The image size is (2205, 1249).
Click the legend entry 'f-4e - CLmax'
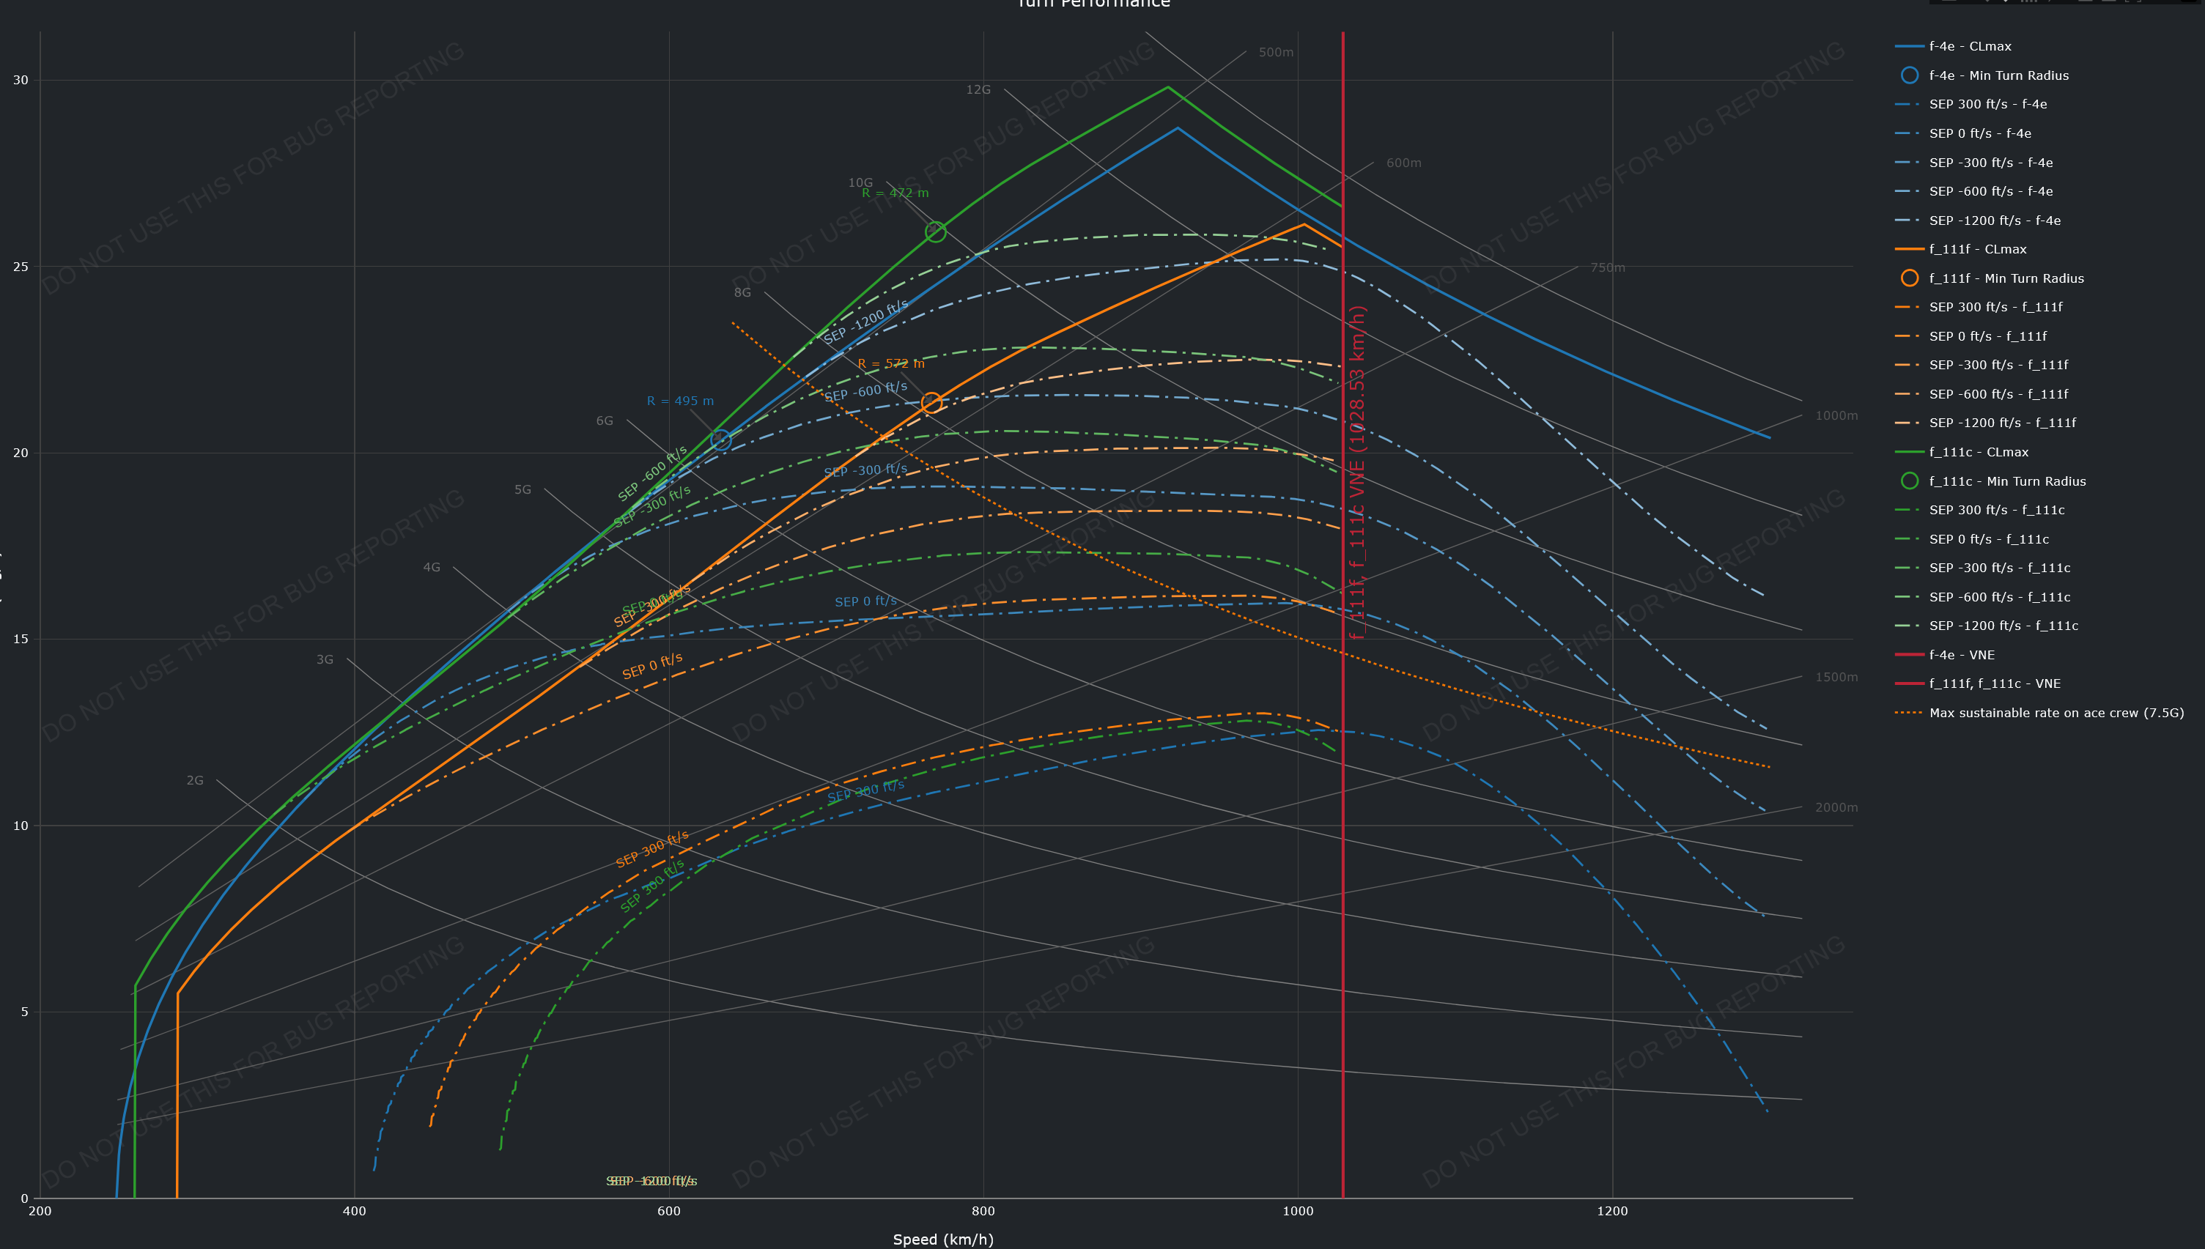tap(1969, 46)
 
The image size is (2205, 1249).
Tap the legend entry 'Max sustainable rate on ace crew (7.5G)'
tap(2056, 713)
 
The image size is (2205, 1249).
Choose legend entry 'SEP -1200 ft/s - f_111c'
tap(2003, 626)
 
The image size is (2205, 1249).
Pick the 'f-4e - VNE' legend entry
tap(1961, 654)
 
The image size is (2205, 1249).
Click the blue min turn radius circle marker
tap(720, 440)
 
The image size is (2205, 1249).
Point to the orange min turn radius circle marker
tap(931, 402)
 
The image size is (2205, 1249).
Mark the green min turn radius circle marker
tap(935, 231)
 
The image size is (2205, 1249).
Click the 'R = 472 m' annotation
tap(895, 193)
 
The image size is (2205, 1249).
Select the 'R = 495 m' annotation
tap(679, 401)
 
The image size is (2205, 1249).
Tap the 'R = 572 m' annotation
tap(890, 364)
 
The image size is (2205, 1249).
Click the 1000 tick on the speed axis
tap(1297, 1211)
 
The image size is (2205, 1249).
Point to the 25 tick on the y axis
tap(21, 267)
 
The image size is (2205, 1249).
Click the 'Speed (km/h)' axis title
tap(943, 1239)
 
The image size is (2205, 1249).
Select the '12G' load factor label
tap(978, 90)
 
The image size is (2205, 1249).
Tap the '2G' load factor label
tap(195, 781)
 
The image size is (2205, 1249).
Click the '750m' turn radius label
tap(1607, 267)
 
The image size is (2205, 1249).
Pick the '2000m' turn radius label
tap(1836, 807)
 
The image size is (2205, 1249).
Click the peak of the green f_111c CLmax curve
tap(1167, 86)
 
